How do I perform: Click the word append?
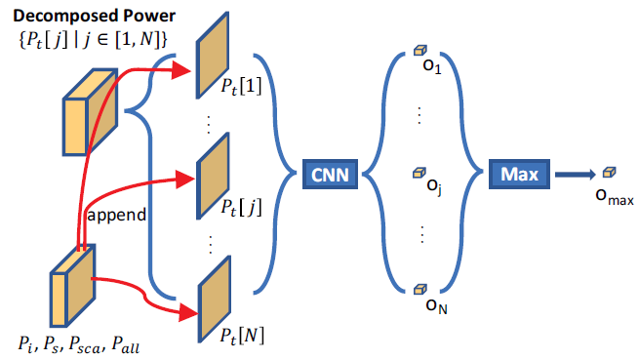(x=118, y=215)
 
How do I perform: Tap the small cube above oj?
(x=419, y=172)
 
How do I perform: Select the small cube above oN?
(x=419, y=289)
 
